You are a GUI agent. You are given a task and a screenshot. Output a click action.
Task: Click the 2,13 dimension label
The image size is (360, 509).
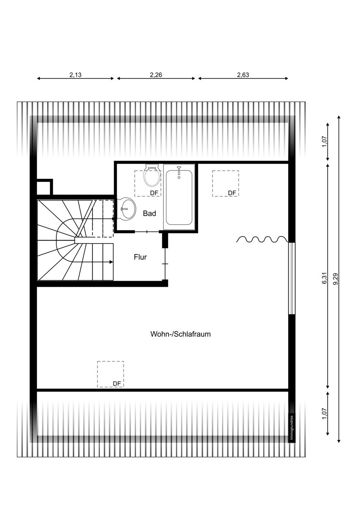76,75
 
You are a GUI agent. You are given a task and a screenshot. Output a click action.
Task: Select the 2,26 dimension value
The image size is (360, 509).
156,75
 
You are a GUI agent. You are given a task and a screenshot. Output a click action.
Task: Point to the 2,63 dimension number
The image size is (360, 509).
243,75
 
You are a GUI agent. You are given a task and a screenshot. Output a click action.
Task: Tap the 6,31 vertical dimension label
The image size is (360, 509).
324,278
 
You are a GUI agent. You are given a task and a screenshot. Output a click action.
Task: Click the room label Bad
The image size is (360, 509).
149,213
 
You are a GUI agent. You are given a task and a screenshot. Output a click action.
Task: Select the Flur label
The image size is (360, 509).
140,257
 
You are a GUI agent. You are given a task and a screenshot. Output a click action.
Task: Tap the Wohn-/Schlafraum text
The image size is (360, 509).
180,334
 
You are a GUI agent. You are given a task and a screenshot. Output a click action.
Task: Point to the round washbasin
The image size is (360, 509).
127,209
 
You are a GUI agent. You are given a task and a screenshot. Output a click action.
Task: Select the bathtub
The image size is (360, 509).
179,196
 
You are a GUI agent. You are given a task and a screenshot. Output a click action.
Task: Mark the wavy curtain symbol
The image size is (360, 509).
262,239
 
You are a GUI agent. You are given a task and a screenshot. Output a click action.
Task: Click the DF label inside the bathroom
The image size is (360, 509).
154,193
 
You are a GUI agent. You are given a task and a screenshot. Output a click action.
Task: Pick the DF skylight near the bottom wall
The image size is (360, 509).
110,374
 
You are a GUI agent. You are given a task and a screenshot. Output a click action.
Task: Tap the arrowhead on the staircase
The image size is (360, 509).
111,262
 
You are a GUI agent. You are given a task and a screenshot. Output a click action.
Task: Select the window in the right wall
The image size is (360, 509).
292,278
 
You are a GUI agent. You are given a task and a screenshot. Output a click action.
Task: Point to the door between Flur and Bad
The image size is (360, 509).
147,232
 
